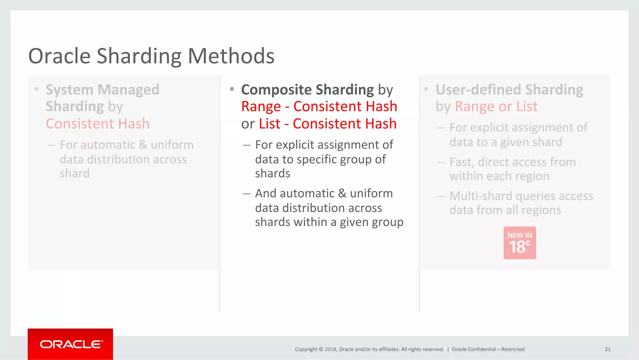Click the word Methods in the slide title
[231, 56]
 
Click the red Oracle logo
[71, 344]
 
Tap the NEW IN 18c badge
[519, 243]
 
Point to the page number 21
[607, 349]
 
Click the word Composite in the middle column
[276, 90]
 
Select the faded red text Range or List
[496, 107]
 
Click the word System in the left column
[70, 90]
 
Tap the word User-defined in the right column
[478, 90]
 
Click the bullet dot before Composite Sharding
[232, 89]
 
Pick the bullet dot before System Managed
[37, 89]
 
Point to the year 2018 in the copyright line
[330, 349]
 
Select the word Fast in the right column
[461, 162]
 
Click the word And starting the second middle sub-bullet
[266, 194]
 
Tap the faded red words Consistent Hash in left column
[98, 124]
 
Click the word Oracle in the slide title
[59, 56]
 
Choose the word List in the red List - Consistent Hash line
[270, 124]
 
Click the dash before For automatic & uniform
[51, 145]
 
